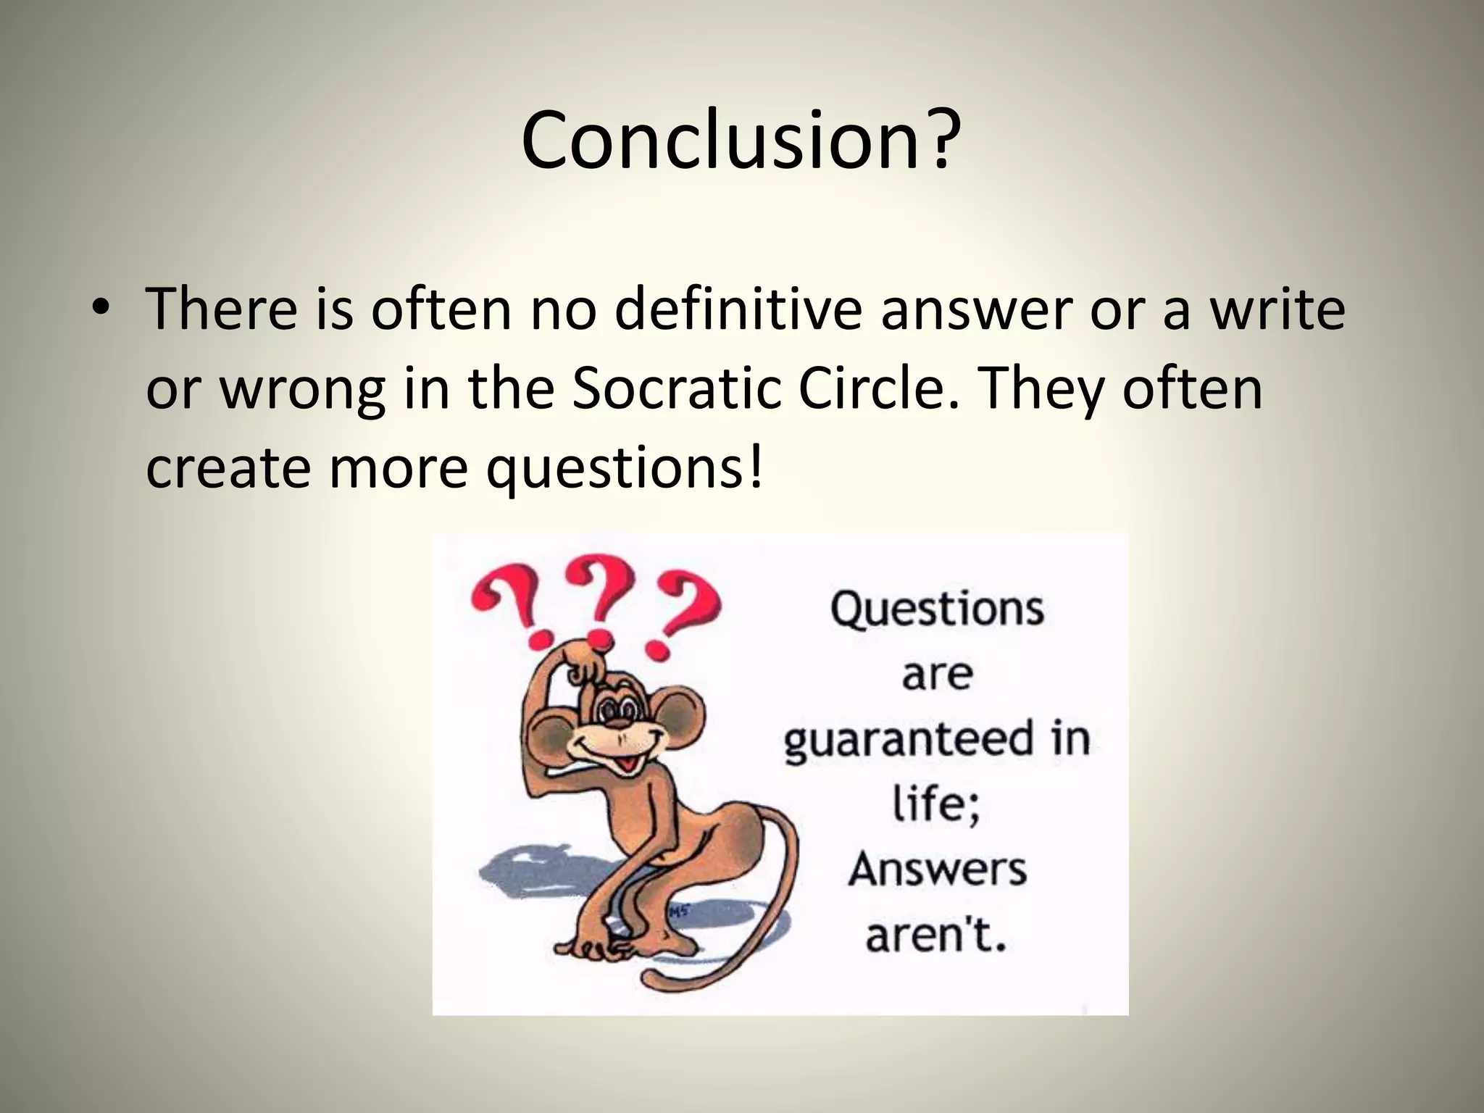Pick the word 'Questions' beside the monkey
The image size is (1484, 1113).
(x=937, y=609)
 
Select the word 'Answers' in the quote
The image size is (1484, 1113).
(x=937, y=868)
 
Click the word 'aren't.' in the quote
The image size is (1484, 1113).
(x=936, y=935)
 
